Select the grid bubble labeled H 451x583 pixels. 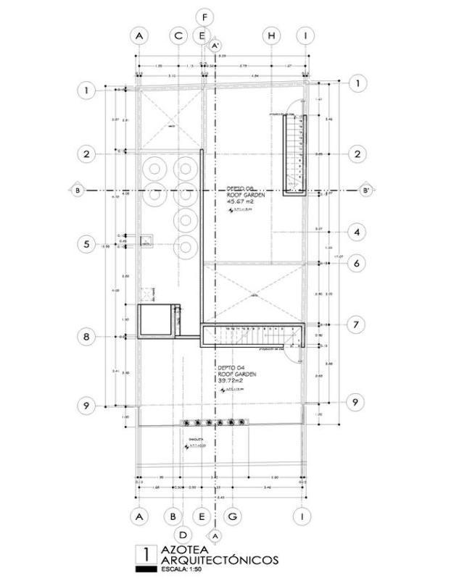click(271, 35)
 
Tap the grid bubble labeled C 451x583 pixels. click(178, 35)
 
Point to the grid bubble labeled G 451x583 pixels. click(233, 516)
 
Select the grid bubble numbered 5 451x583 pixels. click(86, 245)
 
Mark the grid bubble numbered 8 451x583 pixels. click(86, 337)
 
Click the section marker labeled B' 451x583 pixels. click(366, 190)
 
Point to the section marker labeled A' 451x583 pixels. click(215, 46)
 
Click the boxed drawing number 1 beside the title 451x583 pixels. click(146, 555)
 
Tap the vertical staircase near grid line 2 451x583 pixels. click(294, 154)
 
